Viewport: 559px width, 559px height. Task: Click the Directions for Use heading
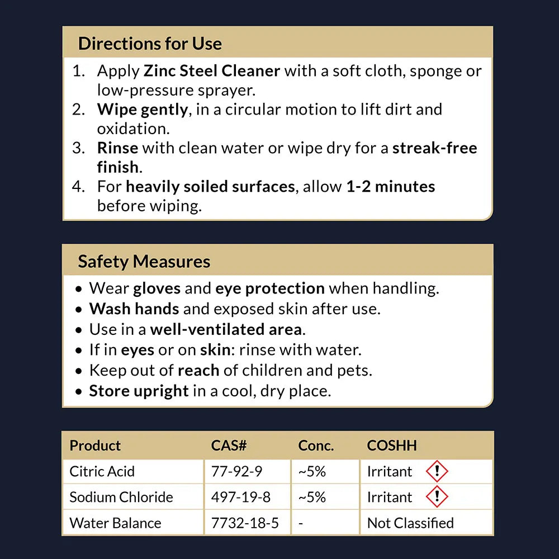[x=150, y=44]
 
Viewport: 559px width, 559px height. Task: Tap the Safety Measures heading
[x=144, y=262]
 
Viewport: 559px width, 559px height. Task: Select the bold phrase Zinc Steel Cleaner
[x=212, y=71]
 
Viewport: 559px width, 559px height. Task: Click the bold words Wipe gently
[x=143, y=109]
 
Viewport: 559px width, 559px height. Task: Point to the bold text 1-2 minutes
[x=391, y=186]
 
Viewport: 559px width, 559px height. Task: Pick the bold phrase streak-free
[x=435, y=148]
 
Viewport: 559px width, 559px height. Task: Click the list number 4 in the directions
[x=78, y=186]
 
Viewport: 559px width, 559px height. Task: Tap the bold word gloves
[x=157, y=288]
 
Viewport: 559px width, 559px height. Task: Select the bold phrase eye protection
[x=270, y=288]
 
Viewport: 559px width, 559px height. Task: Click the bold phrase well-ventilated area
[x=226, y=329]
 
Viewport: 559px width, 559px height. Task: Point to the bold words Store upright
[x=139, y=391]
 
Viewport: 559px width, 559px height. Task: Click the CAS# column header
[x=229, y=446]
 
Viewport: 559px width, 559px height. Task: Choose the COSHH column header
[x=392, y=446]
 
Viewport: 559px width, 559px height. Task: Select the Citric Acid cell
[x=102, y=471]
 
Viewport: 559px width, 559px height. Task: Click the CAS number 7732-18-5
[x=245, y=523]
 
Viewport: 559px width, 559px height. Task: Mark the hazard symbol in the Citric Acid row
[x=437, y=471]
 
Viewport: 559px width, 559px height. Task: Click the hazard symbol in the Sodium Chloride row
[x=437, y=497]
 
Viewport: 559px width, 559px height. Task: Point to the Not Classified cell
[x=410, y=523]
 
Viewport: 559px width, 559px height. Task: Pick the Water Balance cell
[x=115, y=523]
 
